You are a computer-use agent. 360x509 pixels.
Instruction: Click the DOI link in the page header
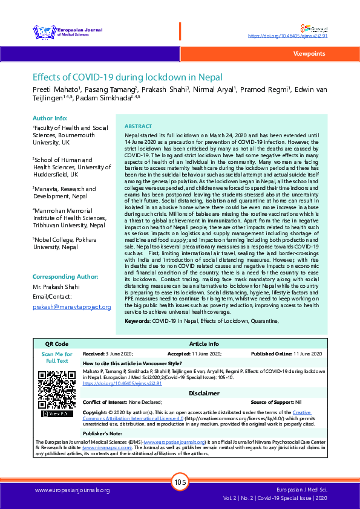(x=288, y=36)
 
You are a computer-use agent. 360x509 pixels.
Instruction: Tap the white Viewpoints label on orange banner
(x=309, y=54)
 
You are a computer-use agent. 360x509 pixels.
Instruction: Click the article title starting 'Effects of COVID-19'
(x=128, y=77)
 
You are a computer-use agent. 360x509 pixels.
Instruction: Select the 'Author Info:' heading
(x=50, y=118)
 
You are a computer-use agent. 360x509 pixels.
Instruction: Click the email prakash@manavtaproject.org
(x=71, y=307)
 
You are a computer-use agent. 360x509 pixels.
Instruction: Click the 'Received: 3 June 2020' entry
(x=108, y=353)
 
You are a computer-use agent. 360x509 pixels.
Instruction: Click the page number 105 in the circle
(x=180, y=482)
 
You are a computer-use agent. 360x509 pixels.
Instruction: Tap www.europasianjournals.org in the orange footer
(x=73, y=490)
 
